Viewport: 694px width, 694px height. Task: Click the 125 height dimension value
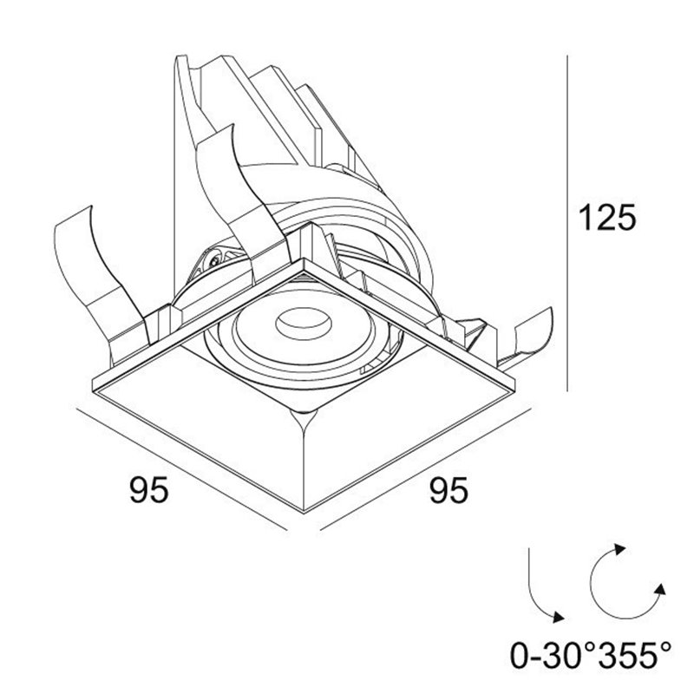(606, 217)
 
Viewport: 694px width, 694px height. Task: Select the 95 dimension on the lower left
(147, 491)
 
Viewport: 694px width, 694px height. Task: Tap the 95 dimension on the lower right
(448, 491)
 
